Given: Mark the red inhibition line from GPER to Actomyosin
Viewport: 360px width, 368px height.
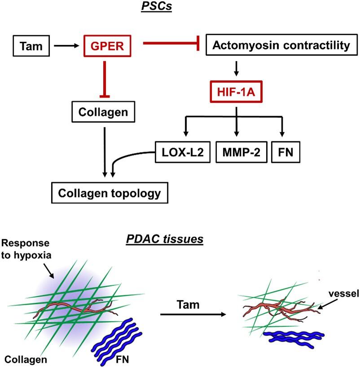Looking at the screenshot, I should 171,44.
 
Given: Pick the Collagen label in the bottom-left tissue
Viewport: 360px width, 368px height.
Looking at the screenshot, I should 26,359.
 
